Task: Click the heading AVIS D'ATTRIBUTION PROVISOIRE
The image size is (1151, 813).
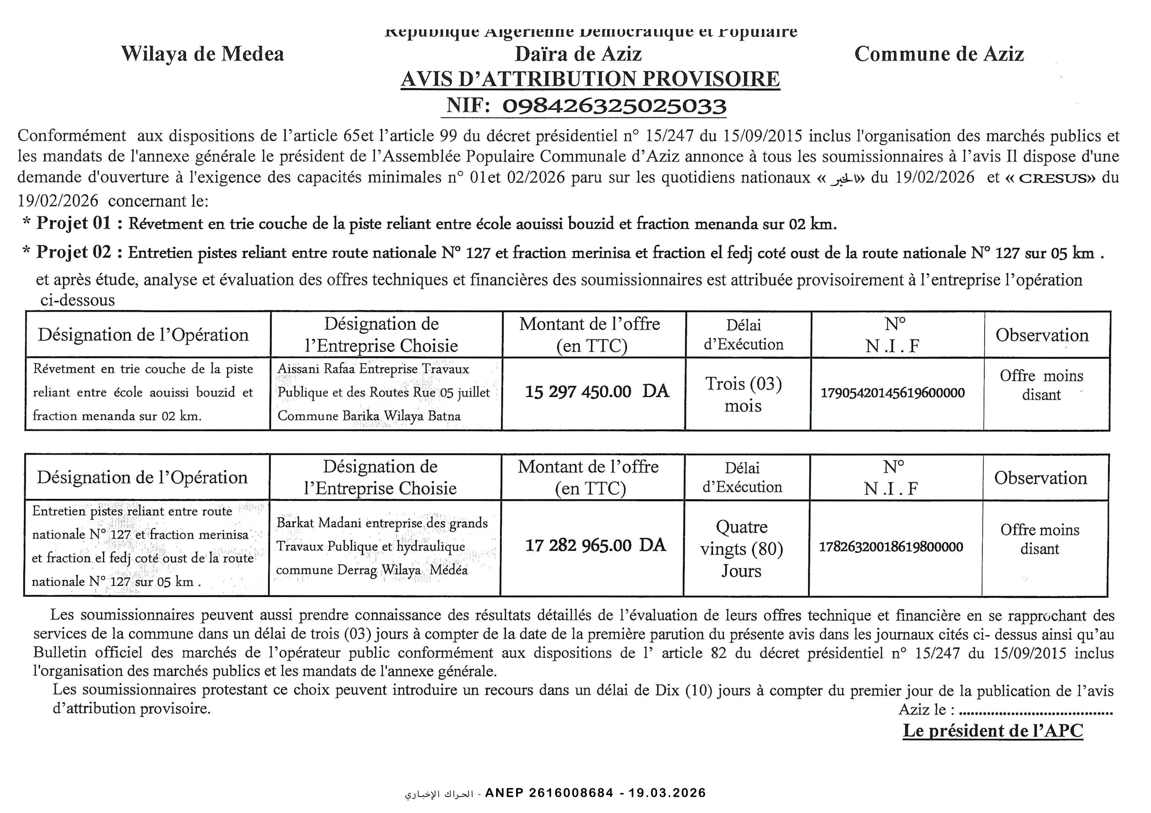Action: pyautogui.click(x=590, y=79)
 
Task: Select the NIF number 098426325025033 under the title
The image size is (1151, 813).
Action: pyautogui.click(x=614, y=106)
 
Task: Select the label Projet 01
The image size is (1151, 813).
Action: pyautogui.click(x=74, y=223)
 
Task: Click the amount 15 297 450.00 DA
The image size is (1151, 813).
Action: pyautogui.click(x=596, y=391)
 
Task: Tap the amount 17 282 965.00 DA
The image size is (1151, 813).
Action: pyautogui.click(x=595, y=545)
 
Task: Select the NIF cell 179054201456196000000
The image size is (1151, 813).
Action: pyautogui.click(x=892, y=393)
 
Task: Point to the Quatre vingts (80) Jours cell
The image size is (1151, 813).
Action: pyautogui.click(x=742, y=548)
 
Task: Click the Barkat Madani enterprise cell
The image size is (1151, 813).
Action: pyautogui.click(x=382, y=546)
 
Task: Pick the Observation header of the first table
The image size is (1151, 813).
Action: pyautogui.click(x=1042, y=335)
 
